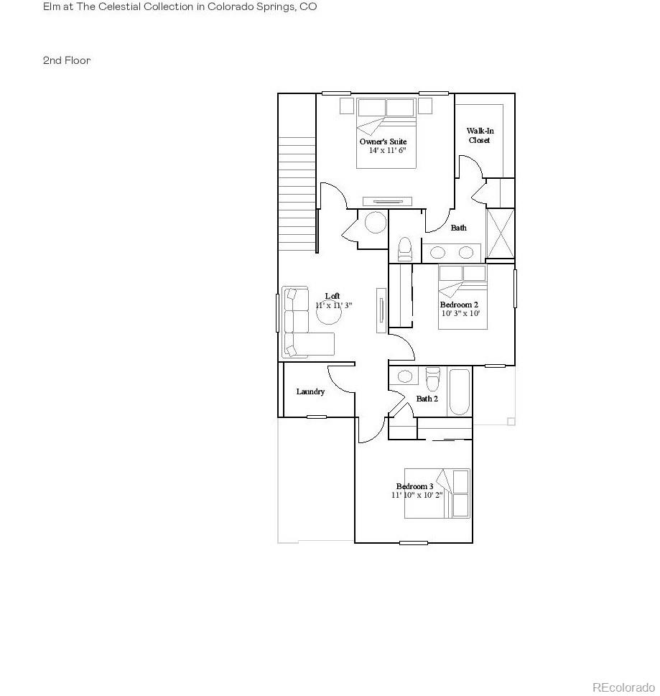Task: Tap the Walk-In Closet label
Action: coord(480,135)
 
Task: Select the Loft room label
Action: coord(333,296)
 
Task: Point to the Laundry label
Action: coord(310,391)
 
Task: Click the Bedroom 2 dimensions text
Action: coord(460,313)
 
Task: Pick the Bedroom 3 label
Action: coord(414,486)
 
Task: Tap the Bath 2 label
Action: coord(427,398)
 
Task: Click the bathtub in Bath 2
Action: coord(460,392)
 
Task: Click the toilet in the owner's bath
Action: coord(404,249)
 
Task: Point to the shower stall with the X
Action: coord(501,233)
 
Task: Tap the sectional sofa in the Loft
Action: coord(302,323)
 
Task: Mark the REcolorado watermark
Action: coord(623,685)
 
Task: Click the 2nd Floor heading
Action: coord(67,61)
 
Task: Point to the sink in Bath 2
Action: coord(405,376)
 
